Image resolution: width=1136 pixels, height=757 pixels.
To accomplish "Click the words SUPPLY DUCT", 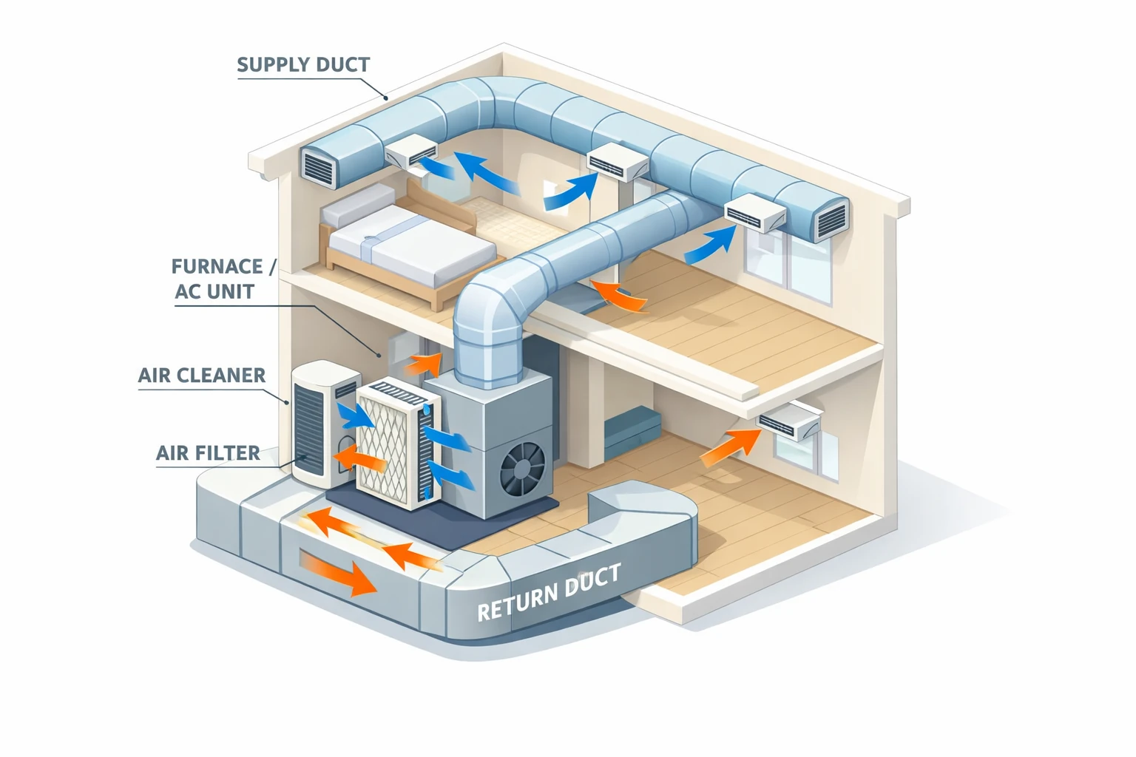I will tap(303, 65).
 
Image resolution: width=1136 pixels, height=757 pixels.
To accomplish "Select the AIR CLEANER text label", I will tap(202, 376).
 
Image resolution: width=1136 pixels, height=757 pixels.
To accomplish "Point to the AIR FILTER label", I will tap(208, 453).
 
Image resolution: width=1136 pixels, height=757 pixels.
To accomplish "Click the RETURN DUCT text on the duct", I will tap(549, 594).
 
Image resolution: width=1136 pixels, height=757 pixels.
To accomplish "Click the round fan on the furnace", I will tap(523, 469).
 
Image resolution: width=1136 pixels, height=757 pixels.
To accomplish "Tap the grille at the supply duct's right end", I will tap(830, 219).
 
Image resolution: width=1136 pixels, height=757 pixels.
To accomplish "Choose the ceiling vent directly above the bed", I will tap(411, 155).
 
